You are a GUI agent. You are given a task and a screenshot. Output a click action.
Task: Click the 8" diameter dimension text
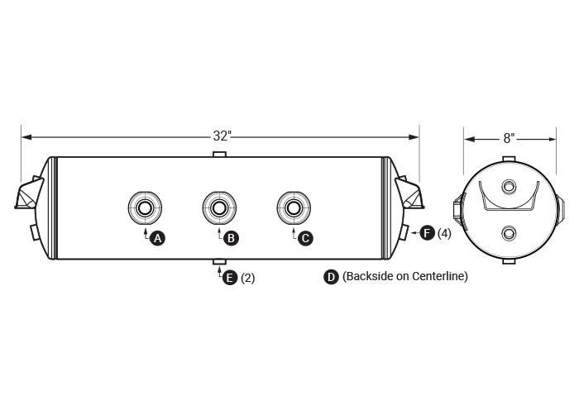(x=509, y=138)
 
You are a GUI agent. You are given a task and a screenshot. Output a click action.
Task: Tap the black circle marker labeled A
(x=158, y=238)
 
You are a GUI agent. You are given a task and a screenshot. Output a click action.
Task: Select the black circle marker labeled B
(x=232, y=238)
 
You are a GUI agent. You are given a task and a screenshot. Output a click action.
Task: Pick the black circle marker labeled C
(x=305, y=238)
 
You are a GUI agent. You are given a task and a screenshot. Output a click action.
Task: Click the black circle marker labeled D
(x=331, y=277)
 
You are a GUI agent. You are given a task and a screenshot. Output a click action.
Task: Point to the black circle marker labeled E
(x=230, y=278)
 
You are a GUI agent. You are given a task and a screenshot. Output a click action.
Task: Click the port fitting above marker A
(x=145, y=207)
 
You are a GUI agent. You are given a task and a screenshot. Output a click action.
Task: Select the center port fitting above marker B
(x=219, y=207)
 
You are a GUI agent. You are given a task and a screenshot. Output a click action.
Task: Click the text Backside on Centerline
(x=405, y=277)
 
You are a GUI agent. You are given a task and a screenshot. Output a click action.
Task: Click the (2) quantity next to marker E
(x=247, y=279)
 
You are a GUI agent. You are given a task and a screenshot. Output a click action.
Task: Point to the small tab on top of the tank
(x=219, y=155)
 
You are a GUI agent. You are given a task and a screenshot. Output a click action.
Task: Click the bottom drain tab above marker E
(x=219, y=263)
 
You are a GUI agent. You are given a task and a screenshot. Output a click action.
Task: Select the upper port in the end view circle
(x=509, y=186)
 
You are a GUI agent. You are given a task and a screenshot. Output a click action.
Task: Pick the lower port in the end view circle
(x=509, y=233)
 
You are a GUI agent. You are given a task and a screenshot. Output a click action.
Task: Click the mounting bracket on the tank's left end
(x=29, y=195)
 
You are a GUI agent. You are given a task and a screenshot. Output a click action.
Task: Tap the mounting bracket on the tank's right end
(x=409, y=195)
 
